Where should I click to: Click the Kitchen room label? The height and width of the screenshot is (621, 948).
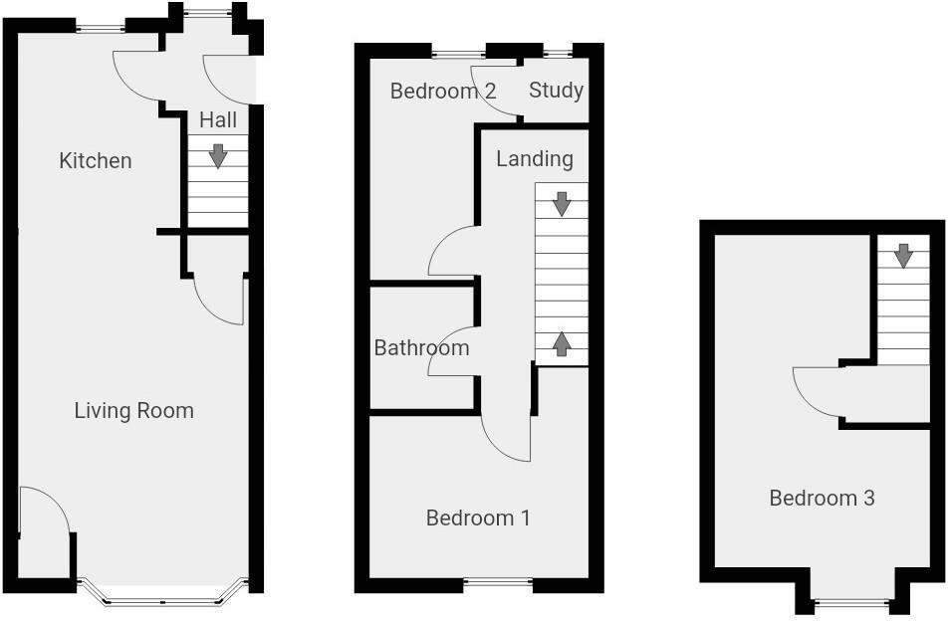(x=96, y=161)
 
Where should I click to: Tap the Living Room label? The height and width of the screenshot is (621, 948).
(x=134, y=411)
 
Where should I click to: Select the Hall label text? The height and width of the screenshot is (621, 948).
(x=218, y=120)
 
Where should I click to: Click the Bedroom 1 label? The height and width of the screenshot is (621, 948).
(x=478, y=518)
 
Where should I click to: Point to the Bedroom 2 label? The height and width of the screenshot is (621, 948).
(x=443, y=92)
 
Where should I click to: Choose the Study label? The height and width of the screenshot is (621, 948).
(x=556, y=91)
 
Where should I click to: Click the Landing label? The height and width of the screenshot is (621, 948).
(x=535, y=159)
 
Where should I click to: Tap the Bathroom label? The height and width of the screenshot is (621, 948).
(x=421, y=348)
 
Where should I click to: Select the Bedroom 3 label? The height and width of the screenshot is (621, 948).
(x=822, y=499)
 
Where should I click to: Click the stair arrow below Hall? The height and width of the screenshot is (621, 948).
(x=217, y=156)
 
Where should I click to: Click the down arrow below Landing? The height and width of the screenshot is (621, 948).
(x=562, y=204)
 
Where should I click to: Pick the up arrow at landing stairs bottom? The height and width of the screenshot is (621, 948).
(x=562, y=344)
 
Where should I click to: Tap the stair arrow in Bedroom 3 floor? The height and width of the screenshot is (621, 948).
(x=903, y=256)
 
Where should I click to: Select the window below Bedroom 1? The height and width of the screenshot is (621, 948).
(x=498, y=584)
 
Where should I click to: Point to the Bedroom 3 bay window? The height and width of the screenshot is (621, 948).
(x=850, y=601)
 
